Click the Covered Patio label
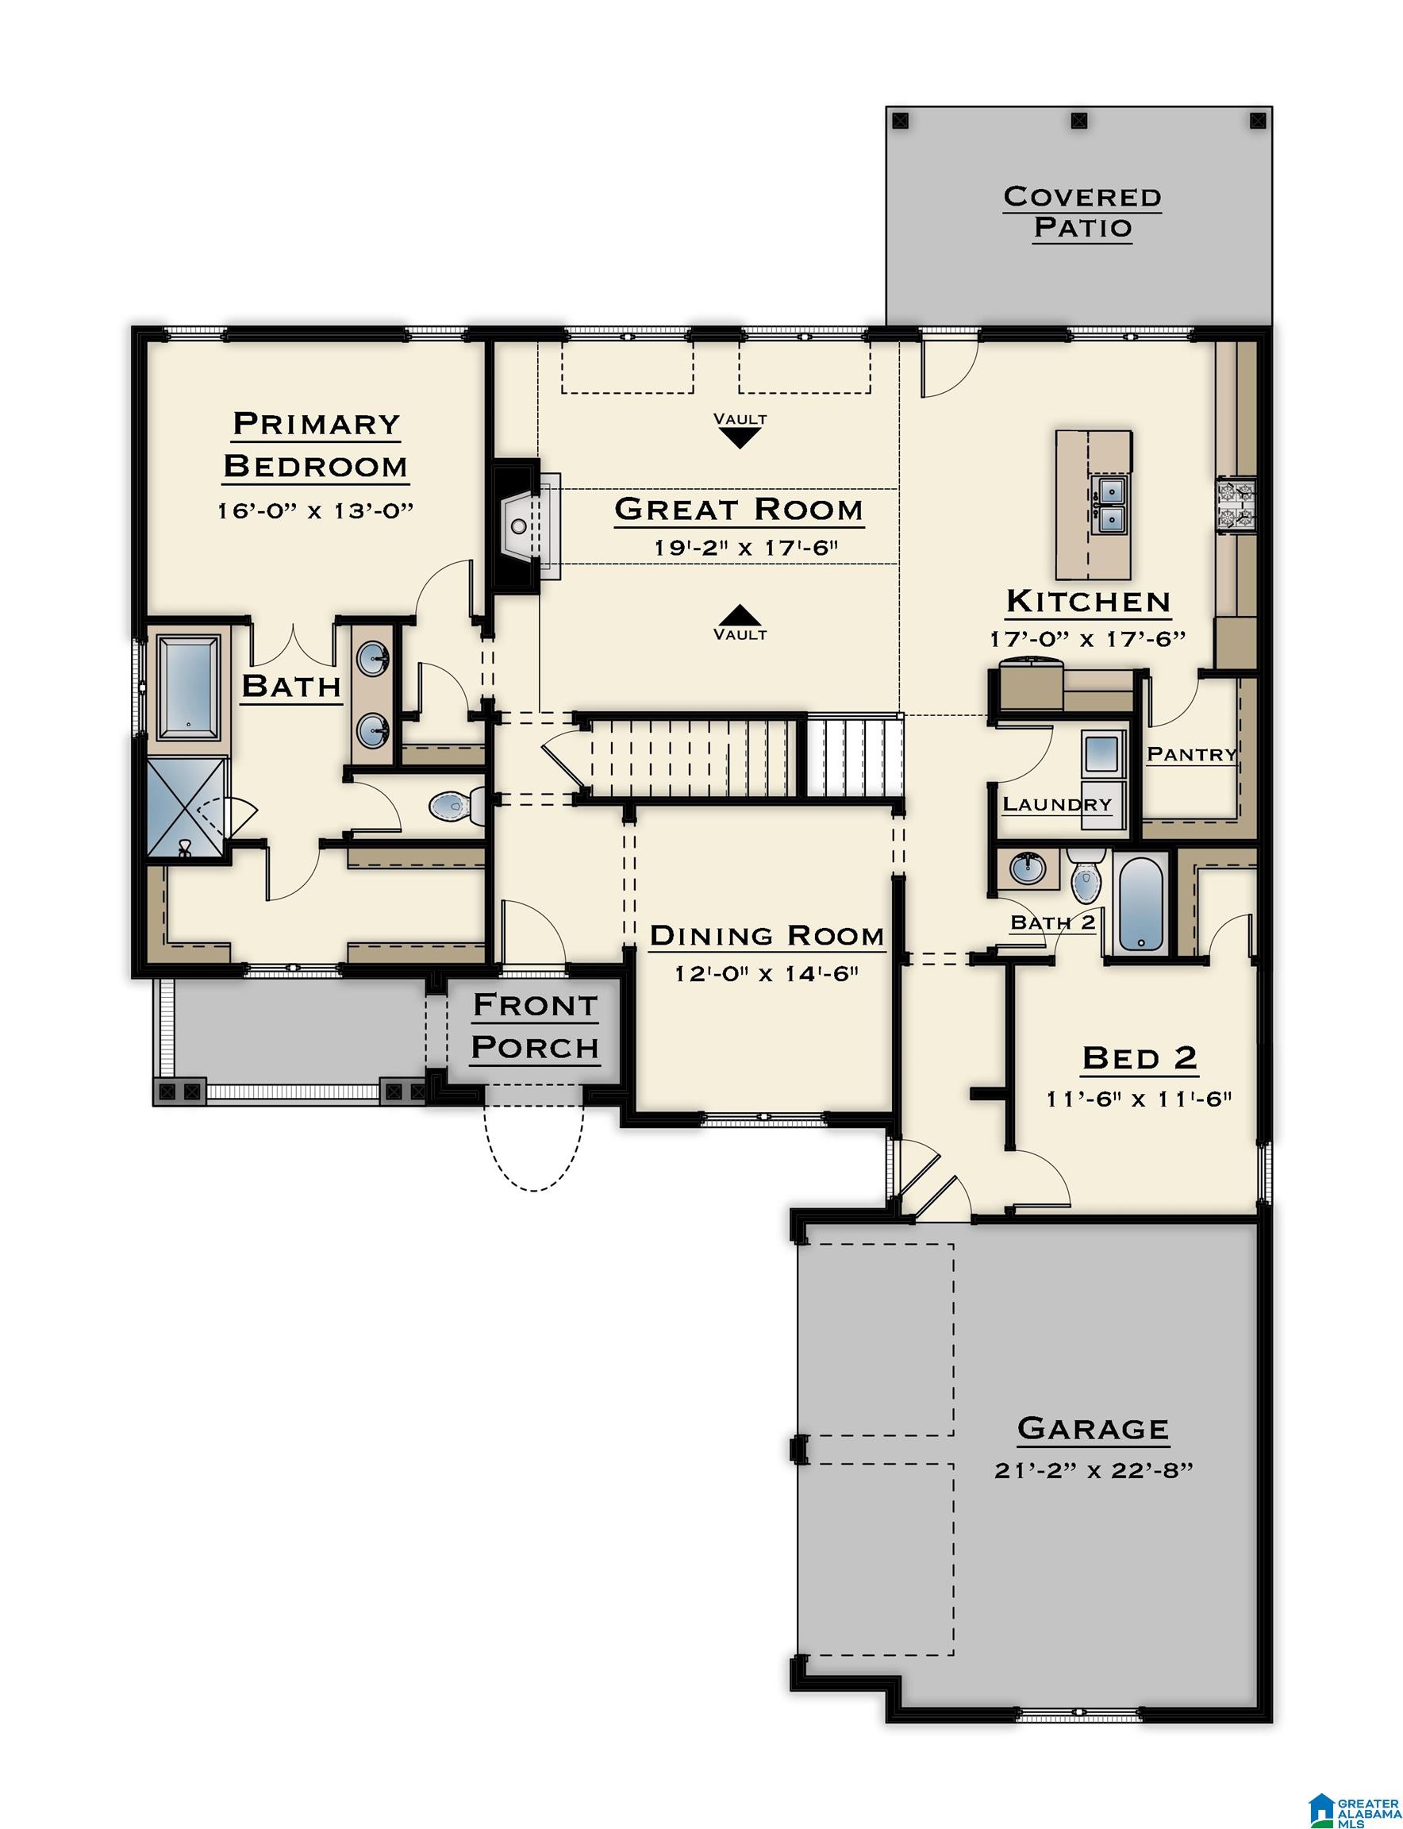[1082, 212]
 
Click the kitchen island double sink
[1110, 505]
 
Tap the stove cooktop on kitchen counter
[1236, 504]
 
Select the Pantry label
[1191, 754]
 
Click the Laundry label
[1056, 805]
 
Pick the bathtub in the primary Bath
[189, 686]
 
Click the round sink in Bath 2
[1026, 869]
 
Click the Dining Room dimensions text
[767, 973]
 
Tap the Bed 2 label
[1140, 1058]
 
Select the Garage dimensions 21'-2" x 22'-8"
[1093, 1470]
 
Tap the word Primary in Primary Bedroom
[317, 424]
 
